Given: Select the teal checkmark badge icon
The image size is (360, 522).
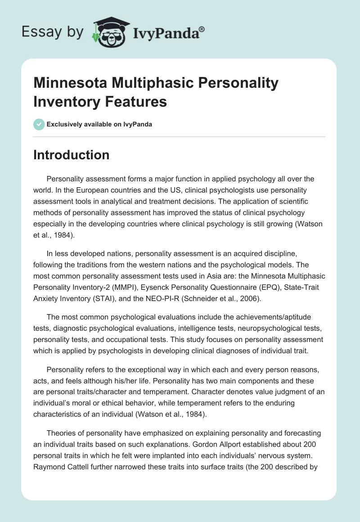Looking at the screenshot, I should (x=39, y=124).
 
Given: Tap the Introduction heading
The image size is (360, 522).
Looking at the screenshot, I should (x=71, y=155).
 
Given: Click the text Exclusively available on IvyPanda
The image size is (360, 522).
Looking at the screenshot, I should (x=99, y=124).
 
